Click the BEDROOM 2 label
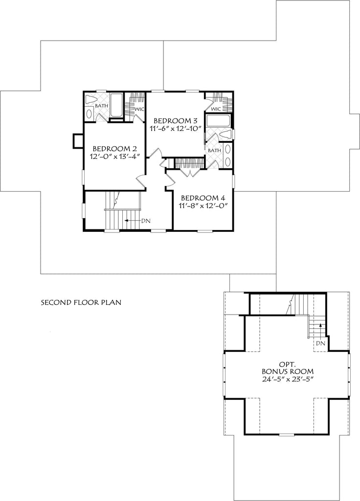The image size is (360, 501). click(x=114, y=149)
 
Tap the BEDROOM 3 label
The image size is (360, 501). click(x=175, y=120)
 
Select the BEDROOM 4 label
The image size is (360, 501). click(x=202, y=198)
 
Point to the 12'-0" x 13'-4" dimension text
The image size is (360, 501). click(x=114, y=157)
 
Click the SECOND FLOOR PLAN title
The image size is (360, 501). click(x=81, y=302)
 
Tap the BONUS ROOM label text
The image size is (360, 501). click(x=286, y=371)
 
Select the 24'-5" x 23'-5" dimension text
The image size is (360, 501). click(x=286, y=380)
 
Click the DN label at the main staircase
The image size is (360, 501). click(x=146, y=221)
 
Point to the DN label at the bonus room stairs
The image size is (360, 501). click(x=320, y=343)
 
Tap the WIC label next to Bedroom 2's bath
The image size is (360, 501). click(x=138, y=109)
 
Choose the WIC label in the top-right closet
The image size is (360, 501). click(x=217, y=108)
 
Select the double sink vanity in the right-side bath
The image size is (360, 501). click(x=229, y=155)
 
